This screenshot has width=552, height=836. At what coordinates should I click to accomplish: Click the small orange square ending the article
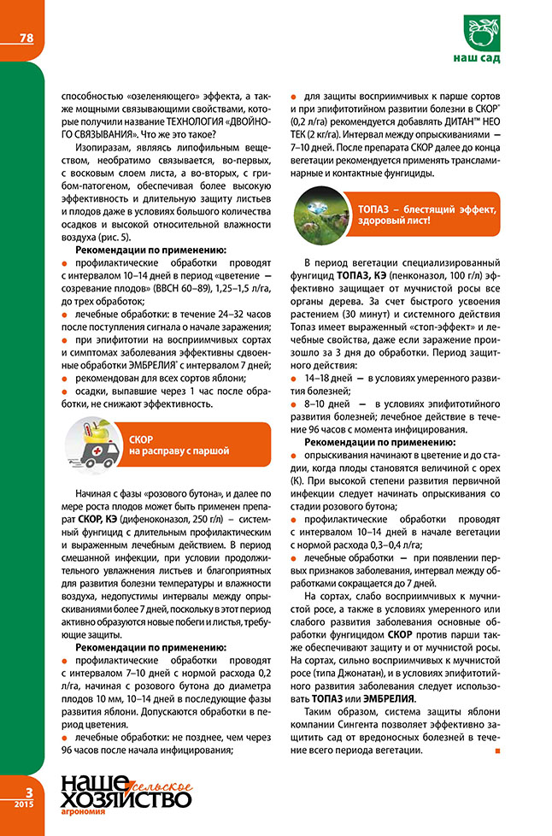[x=496, y=751]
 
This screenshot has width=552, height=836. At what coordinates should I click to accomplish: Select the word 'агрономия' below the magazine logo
[x=83, y=813]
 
